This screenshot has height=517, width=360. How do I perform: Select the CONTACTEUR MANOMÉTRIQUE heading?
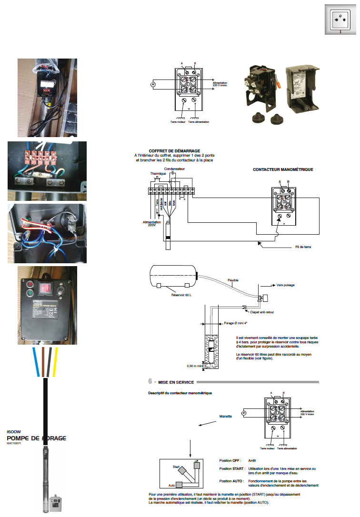pyautogui.click(x=283, y=169)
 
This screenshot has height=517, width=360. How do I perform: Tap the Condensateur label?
pyautogui.click(x=174, y=169)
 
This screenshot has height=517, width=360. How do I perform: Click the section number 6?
pyautogui.click(x=150, y=382)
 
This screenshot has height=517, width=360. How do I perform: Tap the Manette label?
pyautogui.click(x=225, y=416)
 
